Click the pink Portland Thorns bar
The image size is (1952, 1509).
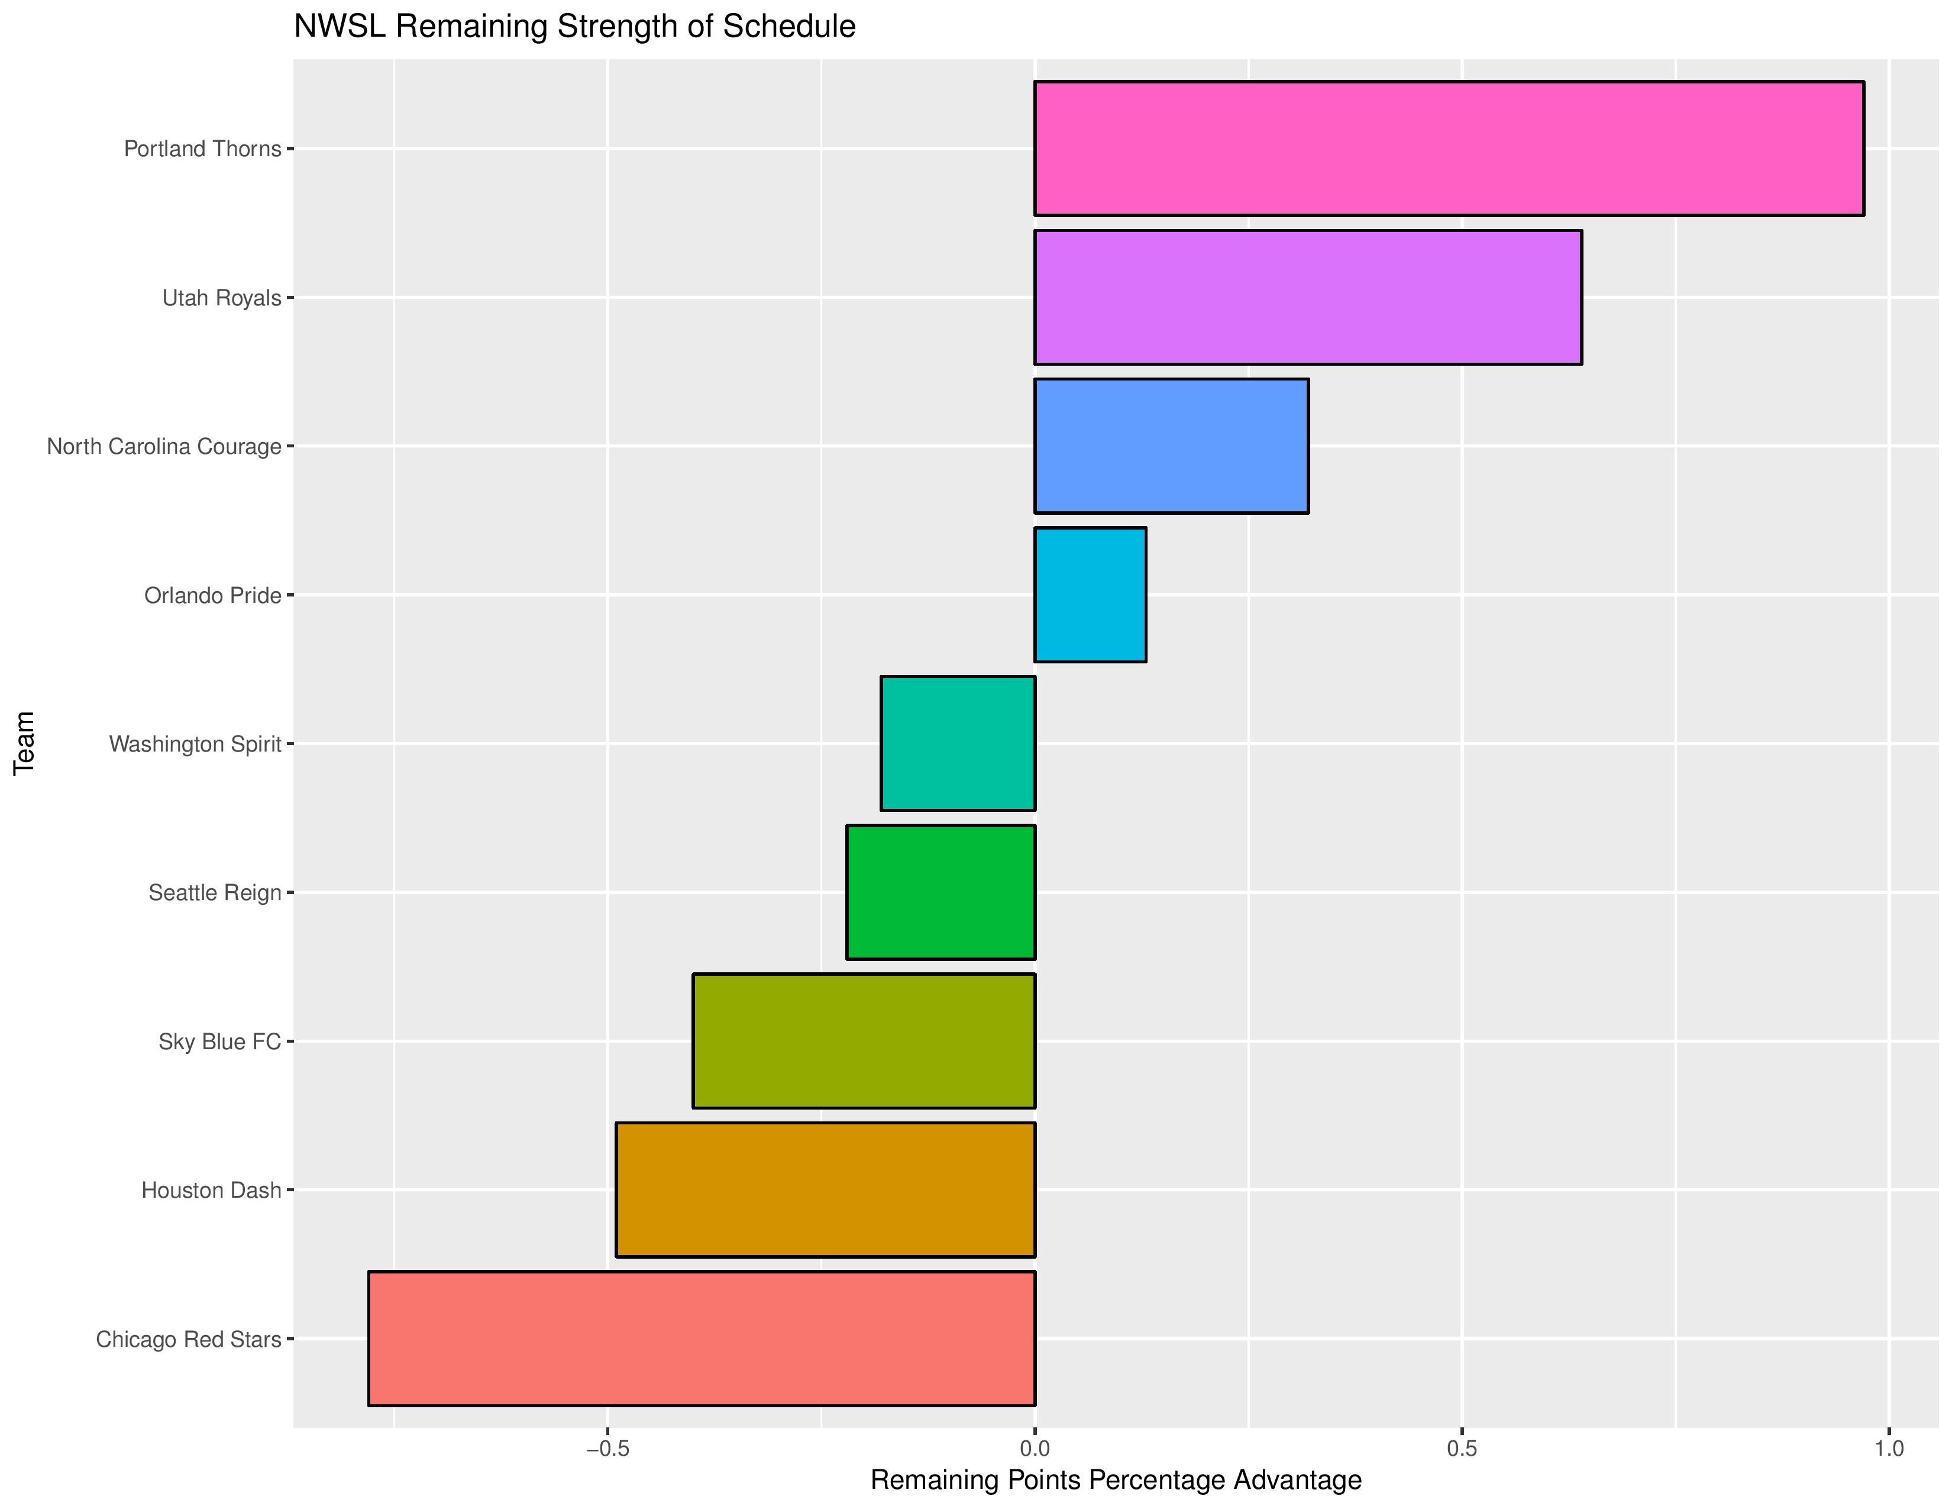click(x=1448, y=149)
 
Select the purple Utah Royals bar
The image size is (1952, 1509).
click(x=1308, y=297)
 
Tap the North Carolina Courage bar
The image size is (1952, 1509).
click(x=1171, y=446)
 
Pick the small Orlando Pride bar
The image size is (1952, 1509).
click(x=1090, y=595)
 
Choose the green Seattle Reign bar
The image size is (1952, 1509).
click(x=941, y=892)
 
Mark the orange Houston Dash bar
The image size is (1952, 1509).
click(x=825, y=1190)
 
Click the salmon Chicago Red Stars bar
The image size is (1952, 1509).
click(x=702, y=1338)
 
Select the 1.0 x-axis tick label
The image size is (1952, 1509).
click(x=1889, y=1448)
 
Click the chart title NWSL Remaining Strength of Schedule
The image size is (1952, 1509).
click(x=575, y=27)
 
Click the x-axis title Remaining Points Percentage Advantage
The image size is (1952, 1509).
click(x=1116, y=1481)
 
